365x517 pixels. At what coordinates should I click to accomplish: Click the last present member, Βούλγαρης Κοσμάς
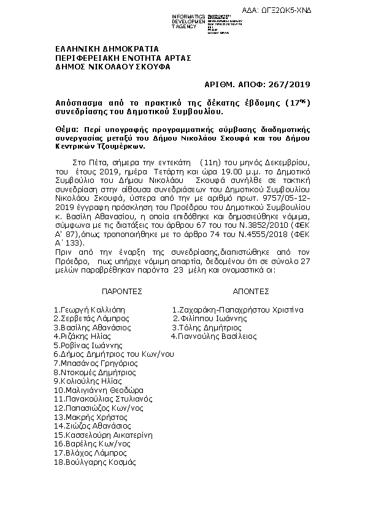94,461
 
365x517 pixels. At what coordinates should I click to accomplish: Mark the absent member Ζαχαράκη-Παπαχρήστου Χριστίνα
237,310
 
